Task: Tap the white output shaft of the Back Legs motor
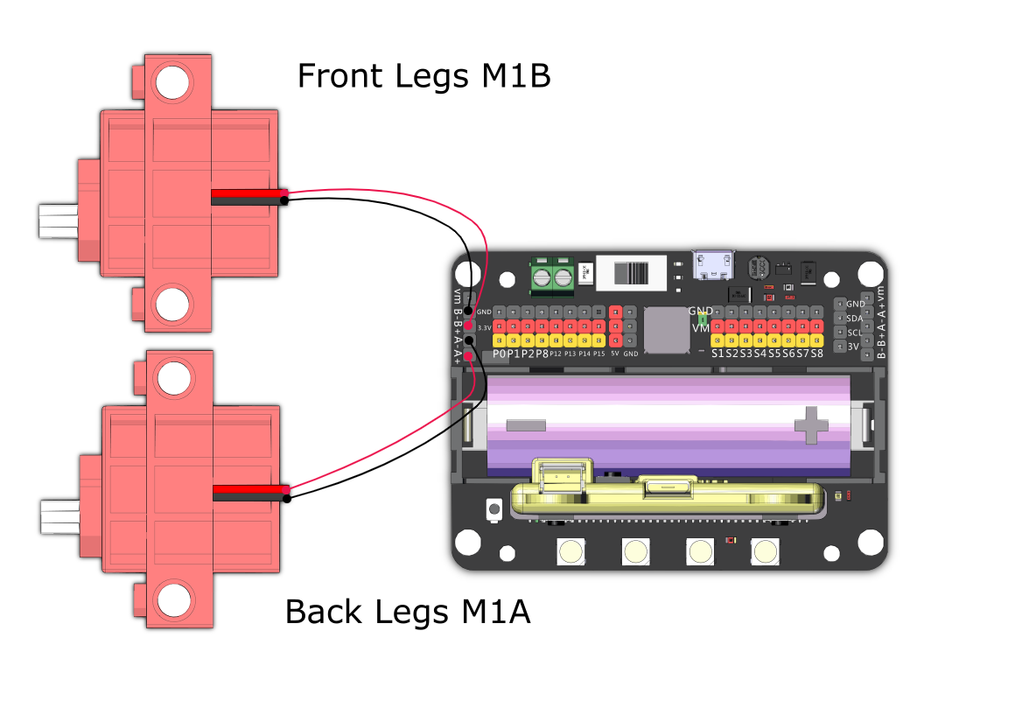tap(60, 516)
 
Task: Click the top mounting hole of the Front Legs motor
tap(172, 82)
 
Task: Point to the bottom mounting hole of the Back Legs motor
tap(172, 601)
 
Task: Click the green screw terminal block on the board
tap(552, 276)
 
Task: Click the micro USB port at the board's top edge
tap(714, 263)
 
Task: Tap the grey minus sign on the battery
tap(526, 425)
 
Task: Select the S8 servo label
tap(816, 354)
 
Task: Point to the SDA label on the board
tap(855, 319)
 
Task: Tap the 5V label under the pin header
tap(614, 354)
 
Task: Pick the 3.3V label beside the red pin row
tap(484, 327)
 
